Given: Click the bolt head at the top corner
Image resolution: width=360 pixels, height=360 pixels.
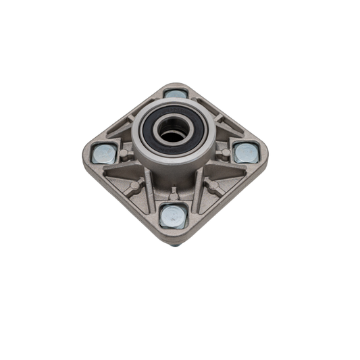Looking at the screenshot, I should pos(176,93).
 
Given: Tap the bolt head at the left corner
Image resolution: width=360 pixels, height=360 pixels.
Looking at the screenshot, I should pos(105,154).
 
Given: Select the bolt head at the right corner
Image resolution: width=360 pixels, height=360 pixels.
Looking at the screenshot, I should pos(245,153).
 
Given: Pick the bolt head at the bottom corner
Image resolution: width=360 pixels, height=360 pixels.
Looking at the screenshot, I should pos(173,216).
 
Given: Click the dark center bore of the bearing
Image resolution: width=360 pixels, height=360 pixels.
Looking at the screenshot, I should pos(173,132).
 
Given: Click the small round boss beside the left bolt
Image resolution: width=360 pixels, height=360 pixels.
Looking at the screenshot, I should pos(126,155).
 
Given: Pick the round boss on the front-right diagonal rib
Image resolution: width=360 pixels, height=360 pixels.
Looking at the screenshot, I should pos(212,184).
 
